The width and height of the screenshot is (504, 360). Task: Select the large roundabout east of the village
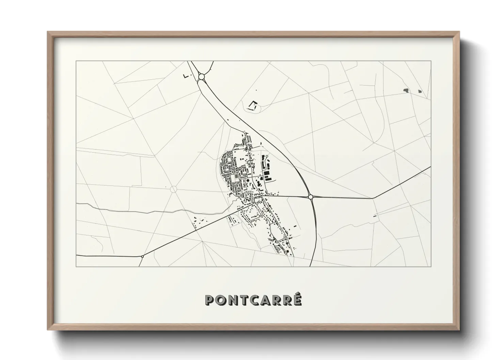click(x=310, y=197)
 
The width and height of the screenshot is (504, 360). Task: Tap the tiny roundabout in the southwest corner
click(x=142, y=256)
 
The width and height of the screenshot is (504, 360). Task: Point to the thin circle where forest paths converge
click(x=173, y=189)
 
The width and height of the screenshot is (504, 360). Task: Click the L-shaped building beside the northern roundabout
click(x=185, y=76)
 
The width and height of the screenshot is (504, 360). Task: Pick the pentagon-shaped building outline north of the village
click(x=253, y=105)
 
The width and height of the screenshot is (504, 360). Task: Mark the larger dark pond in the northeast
click(x=406, y=90)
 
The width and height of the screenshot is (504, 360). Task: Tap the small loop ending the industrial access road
click(x=267, y=157)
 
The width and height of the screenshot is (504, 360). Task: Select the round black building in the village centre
click(x=248, y=181)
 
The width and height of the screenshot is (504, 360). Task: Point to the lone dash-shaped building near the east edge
click(x=376, y=216)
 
